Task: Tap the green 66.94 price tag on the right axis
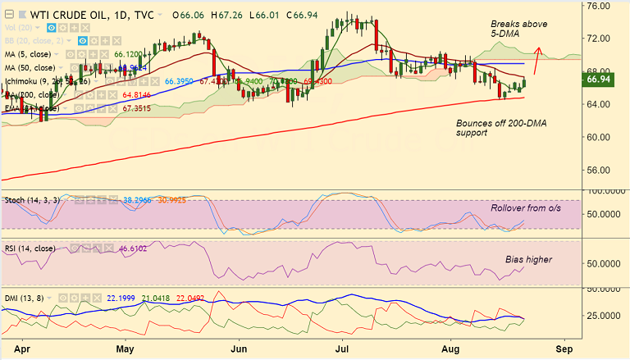coord(605,80)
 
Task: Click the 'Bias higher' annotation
coord(528,259)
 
